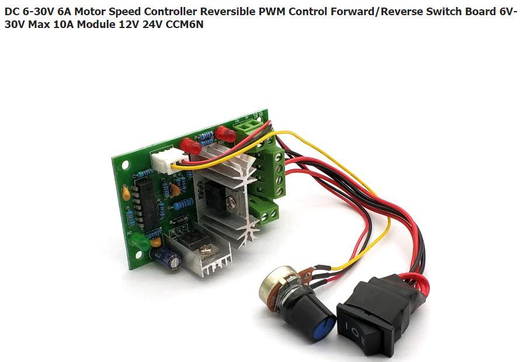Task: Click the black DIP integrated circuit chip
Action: point(146,202)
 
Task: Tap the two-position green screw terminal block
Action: point(268,214)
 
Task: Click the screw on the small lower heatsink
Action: point(204,250)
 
